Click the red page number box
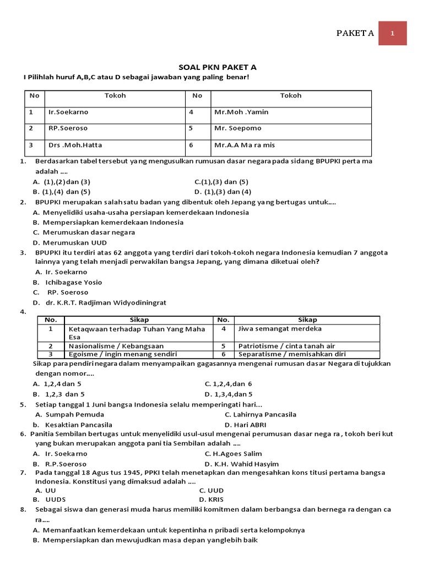(x=393, y=33)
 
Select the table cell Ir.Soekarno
(x=68, y=112)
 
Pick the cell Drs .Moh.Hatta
(x=75, y=145)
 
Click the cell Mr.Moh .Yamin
(x=241, y=112)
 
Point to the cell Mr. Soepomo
(x=238, y=128)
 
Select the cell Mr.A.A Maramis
(x=245, y=145)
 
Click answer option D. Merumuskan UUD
(x=70, y=242)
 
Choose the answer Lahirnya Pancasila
(x=261, y=414)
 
